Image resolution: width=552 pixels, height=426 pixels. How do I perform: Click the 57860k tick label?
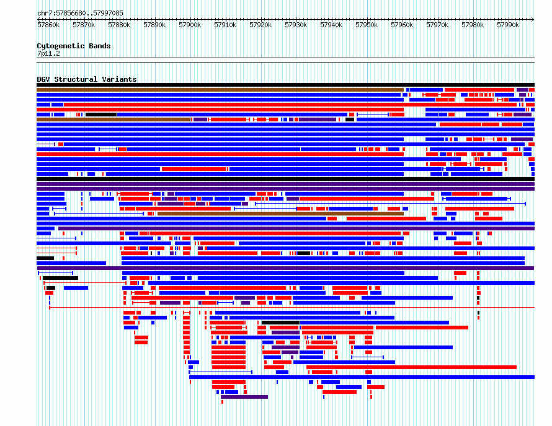coord(48,25)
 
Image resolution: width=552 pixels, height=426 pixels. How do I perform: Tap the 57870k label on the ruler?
coord(84,25)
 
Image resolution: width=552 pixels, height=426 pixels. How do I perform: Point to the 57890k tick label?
coord(154,25)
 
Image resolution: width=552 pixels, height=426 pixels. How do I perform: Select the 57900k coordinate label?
coord(190,25)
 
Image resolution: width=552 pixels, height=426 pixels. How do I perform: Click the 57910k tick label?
coord(225,25)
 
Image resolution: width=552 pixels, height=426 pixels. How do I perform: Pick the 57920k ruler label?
coord(260,25)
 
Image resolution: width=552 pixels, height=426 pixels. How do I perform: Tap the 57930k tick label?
coord(296,25)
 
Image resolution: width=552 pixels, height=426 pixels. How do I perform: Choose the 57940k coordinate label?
coord(331,25)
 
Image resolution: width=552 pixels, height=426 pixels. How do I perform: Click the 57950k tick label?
coord(367,25)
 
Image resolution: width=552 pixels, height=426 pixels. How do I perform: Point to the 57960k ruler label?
coord(402,25)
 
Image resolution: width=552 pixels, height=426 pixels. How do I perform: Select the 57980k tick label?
coord(473,25)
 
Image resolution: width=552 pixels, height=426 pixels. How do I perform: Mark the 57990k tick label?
coord(508,25)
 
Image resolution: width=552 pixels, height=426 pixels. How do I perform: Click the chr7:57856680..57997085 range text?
coord(80,14)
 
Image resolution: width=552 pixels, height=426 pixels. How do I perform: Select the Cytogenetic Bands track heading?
coord(74,46)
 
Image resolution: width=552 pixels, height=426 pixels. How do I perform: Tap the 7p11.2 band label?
coord(48,53)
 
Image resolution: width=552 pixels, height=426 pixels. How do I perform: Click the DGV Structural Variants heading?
coord(87,79)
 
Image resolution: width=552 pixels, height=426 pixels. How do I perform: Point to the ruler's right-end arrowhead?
coord(533,19)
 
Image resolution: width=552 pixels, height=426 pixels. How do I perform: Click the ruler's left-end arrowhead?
coord(38,19)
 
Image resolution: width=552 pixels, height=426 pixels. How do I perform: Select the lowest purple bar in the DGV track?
coord(244,397)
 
